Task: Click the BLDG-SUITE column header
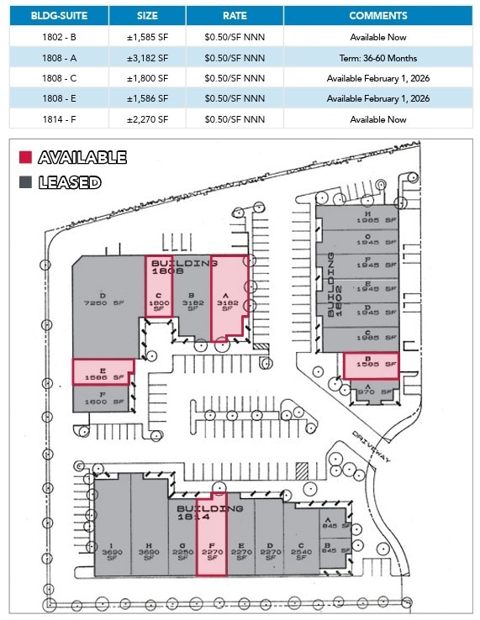click(60, 15)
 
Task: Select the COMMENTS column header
click(377, 15)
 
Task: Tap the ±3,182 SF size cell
click(151, 58)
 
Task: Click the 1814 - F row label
click(60, 119)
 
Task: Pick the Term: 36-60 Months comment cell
click(377, 58)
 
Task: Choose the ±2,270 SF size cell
click(151, 119)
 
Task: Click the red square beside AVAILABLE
click(25, 157)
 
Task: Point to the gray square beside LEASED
click(25, 181)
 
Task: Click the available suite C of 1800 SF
click(159, 290)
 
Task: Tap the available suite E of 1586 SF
click(103, 371)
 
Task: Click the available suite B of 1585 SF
click(370, 365)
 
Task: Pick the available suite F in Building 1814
click(211, 546)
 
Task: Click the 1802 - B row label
click(60, 37)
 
